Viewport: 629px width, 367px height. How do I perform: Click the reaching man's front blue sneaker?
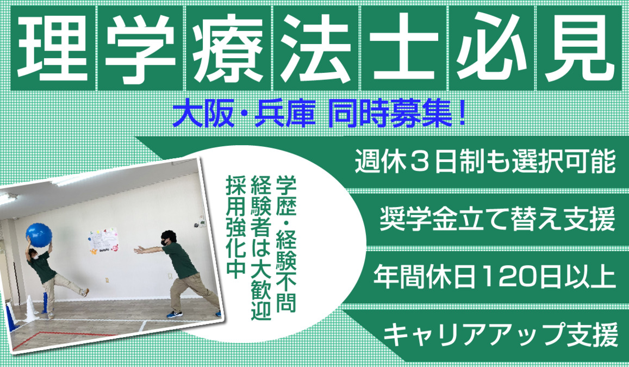pos(173,315)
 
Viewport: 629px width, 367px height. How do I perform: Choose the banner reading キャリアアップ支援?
pos(500,333)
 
